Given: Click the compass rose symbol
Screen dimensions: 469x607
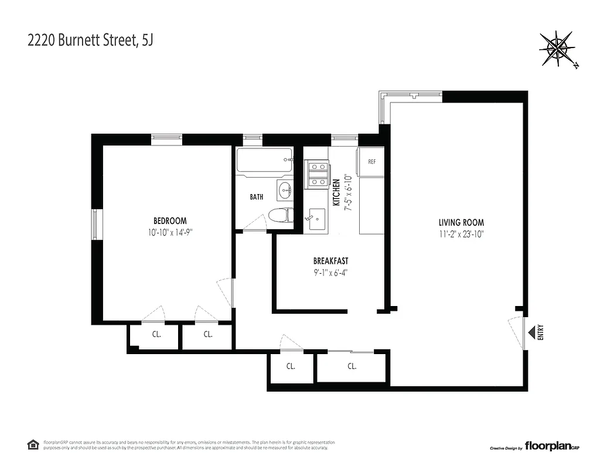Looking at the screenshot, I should click(557, 49).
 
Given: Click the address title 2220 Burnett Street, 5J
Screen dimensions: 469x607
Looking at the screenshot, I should click(91, 41).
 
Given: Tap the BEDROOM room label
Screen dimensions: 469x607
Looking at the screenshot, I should click(170, 221).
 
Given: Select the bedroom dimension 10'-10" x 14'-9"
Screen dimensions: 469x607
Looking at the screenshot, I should click(170, 232).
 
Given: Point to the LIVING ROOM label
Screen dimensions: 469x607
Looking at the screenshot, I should click(461, 222).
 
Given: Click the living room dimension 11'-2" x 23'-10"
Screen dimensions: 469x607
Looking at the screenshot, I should click(461, 233).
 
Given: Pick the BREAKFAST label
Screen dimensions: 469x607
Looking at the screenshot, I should click(330, 261).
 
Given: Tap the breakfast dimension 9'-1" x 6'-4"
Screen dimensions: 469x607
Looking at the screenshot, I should click(330, 271).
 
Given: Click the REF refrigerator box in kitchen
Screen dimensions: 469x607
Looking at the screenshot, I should click(371, 162).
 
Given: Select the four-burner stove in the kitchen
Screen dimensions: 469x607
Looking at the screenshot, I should click(317, 174).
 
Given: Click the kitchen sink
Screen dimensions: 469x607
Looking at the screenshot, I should click(316, 219).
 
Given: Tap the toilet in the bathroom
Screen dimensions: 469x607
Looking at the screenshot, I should click(279, 215).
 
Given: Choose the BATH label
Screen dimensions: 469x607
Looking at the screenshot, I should click(257, 197).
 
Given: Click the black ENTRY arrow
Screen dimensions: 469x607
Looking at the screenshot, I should click(531, 333).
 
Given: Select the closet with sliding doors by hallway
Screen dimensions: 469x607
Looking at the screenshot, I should click(352, 368).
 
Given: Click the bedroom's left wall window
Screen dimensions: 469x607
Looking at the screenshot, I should click(97, 224).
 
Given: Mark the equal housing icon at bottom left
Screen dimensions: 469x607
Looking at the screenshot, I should click(33, 444).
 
